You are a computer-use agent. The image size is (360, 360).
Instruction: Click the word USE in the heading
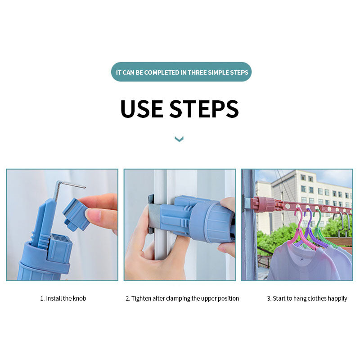coord(142,109)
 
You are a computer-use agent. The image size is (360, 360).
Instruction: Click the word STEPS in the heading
coord(204,109)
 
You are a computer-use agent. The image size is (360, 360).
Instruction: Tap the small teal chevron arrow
coord(179,139)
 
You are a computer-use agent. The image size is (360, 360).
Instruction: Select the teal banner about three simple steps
coord(181,72)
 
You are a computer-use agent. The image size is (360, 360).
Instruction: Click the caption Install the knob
coord(63,298)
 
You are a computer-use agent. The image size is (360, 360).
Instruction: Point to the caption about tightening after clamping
coord(182,298)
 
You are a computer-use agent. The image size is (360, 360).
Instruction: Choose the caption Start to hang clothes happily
coord(307,298)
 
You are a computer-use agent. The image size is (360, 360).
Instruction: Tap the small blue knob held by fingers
coord(75,215)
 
